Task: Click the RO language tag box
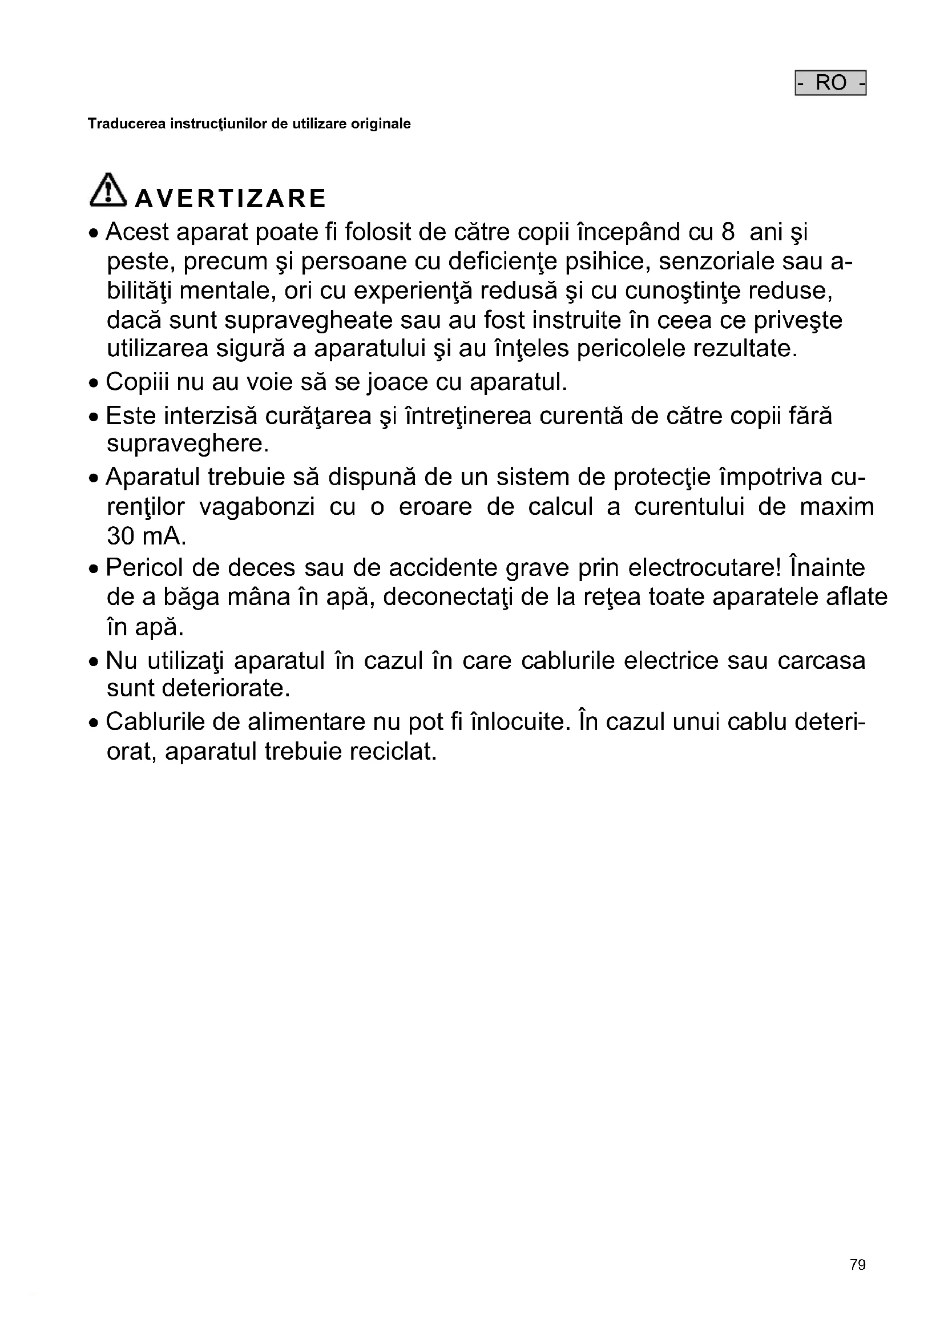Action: point(830,83)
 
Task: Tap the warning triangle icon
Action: point(108,190)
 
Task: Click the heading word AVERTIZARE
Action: point(230,198)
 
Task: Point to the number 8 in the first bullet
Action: point(728,232)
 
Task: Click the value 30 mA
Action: point(146,536)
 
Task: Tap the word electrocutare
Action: point(705,567)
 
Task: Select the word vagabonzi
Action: point(257,506)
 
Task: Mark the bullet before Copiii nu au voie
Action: point(94,384)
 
